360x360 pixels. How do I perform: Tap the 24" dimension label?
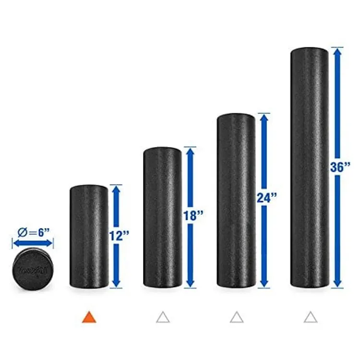point(267,198)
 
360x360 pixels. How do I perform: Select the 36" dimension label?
point(341,168)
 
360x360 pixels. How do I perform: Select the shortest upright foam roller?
point(89,237)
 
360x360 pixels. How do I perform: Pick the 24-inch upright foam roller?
point(236,201)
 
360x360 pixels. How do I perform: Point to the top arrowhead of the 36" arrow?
point(338,53)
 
